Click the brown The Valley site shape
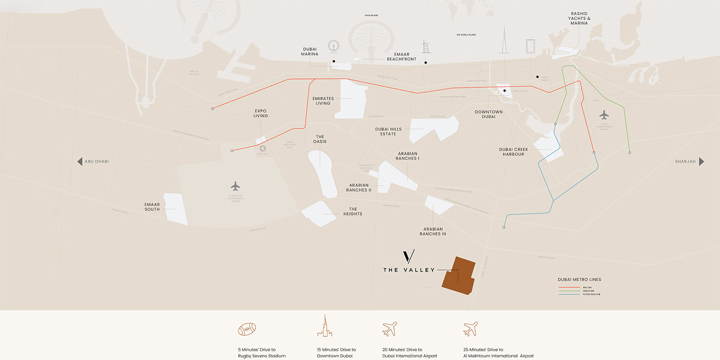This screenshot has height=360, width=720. coord(459,277)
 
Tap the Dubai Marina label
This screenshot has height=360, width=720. coord(310,51)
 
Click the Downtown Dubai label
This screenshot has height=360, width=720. coord(489,114)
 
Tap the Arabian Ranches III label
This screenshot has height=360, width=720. coord(433,231)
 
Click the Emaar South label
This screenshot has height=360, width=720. coord(152,207)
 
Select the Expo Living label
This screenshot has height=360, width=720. coord(261,113)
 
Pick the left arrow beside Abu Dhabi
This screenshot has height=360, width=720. coord(80,161)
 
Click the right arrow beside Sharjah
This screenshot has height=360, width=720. coord(701,161)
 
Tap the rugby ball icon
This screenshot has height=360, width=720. coord(247,329)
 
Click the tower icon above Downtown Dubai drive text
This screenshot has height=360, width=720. coord(324,326)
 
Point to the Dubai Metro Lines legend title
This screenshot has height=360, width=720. coord(580,280)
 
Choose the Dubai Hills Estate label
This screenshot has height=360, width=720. coord(388,132)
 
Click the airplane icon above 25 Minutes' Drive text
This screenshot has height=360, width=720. coord(470,329)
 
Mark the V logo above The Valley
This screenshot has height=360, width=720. coord(408,257)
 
